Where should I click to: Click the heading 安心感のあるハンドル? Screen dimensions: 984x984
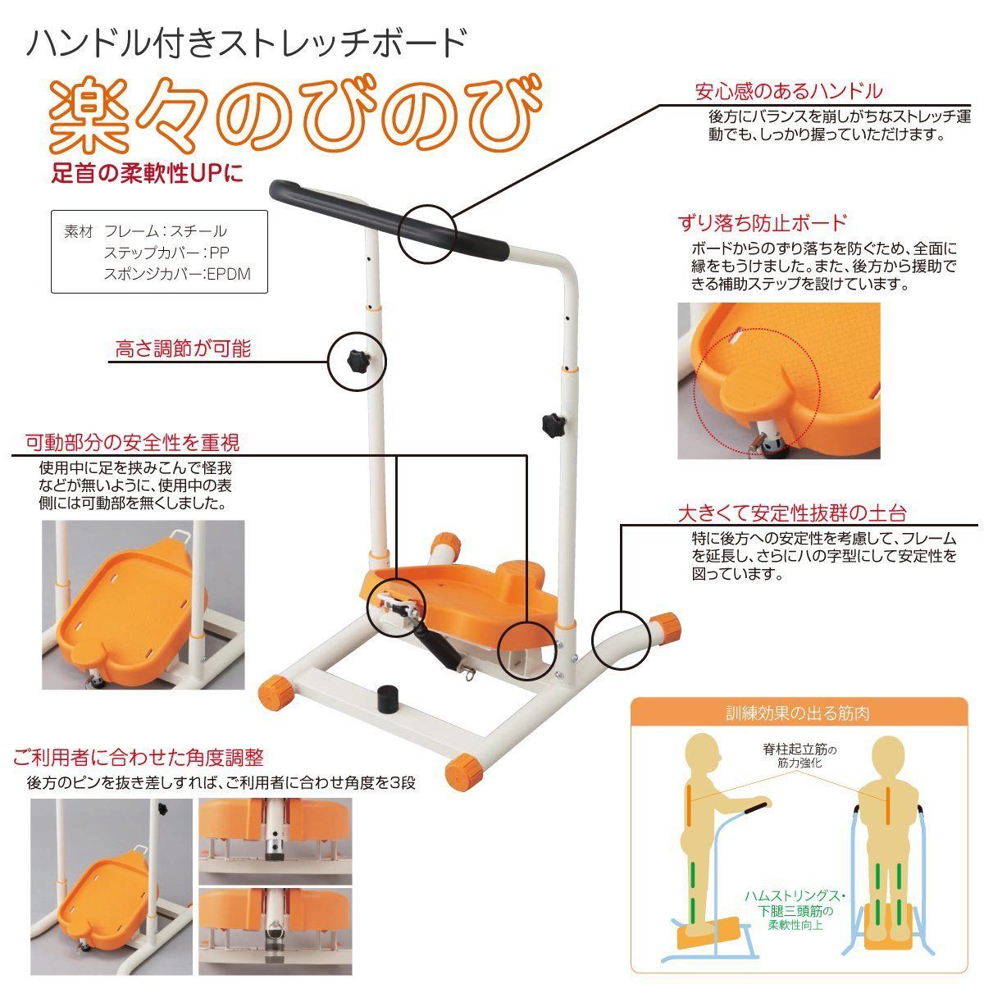pos(788,91)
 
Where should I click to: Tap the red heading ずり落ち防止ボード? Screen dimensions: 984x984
pos(762,222)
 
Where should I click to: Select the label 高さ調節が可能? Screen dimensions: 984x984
pos(182,348)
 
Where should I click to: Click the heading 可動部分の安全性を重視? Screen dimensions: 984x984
pos(132,443)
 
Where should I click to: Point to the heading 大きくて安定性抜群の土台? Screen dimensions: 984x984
pos(791,513)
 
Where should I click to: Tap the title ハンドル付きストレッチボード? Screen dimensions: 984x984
pos(247,41)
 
